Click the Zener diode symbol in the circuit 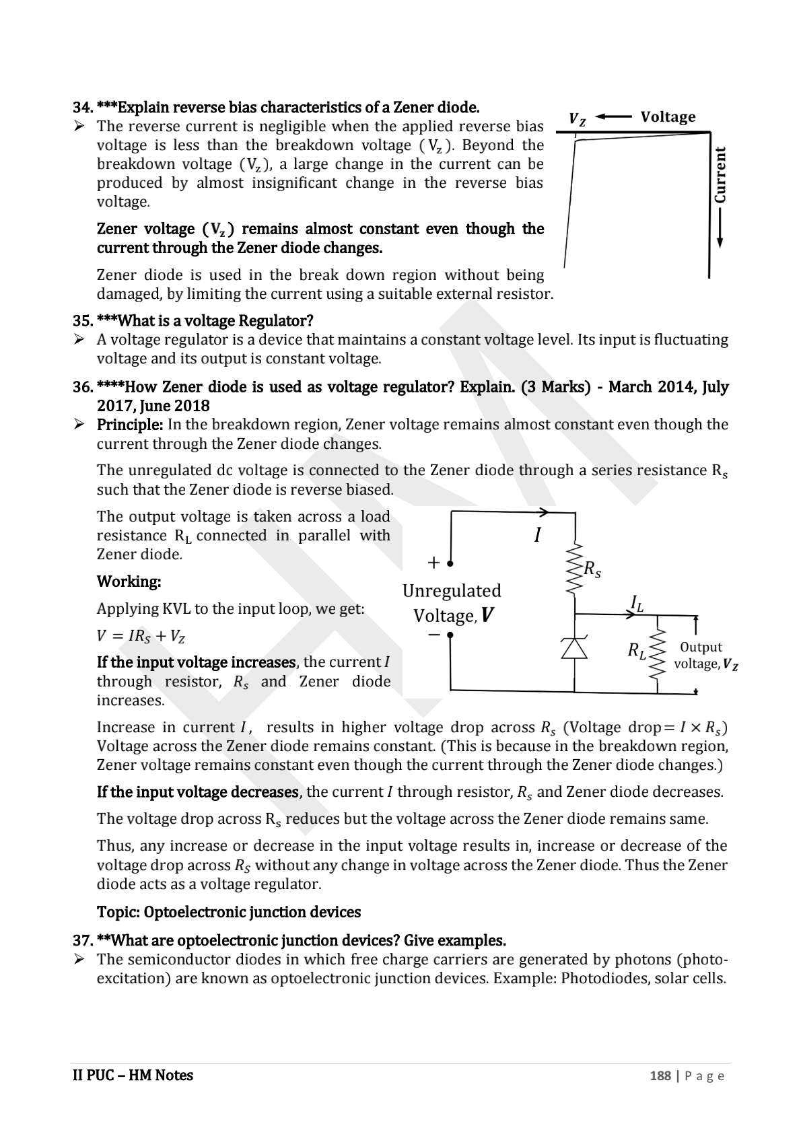[574, 648]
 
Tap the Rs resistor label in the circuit [592, 570]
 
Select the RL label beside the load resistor [637, 651]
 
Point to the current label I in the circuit [537, 536]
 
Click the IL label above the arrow [636, 602]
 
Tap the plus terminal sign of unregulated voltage [433, 562]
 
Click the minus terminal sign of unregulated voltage [434, 635]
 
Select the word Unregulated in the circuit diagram [452, 591]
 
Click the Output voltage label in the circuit [705, 656]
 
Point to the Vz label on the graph [577, 120]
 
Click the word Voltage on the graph [668, 117]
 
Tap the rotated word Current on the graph [720, 175]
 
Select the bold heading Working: [129, 581]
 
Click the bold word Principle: [130, 425]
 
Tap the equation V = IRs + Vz [141, 636]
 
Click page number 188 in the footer [660, 1075]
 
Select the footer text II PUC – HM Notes [133, 1075]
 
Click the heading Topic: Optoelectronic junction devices [228, 912]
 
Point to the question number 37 [83, 940]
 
